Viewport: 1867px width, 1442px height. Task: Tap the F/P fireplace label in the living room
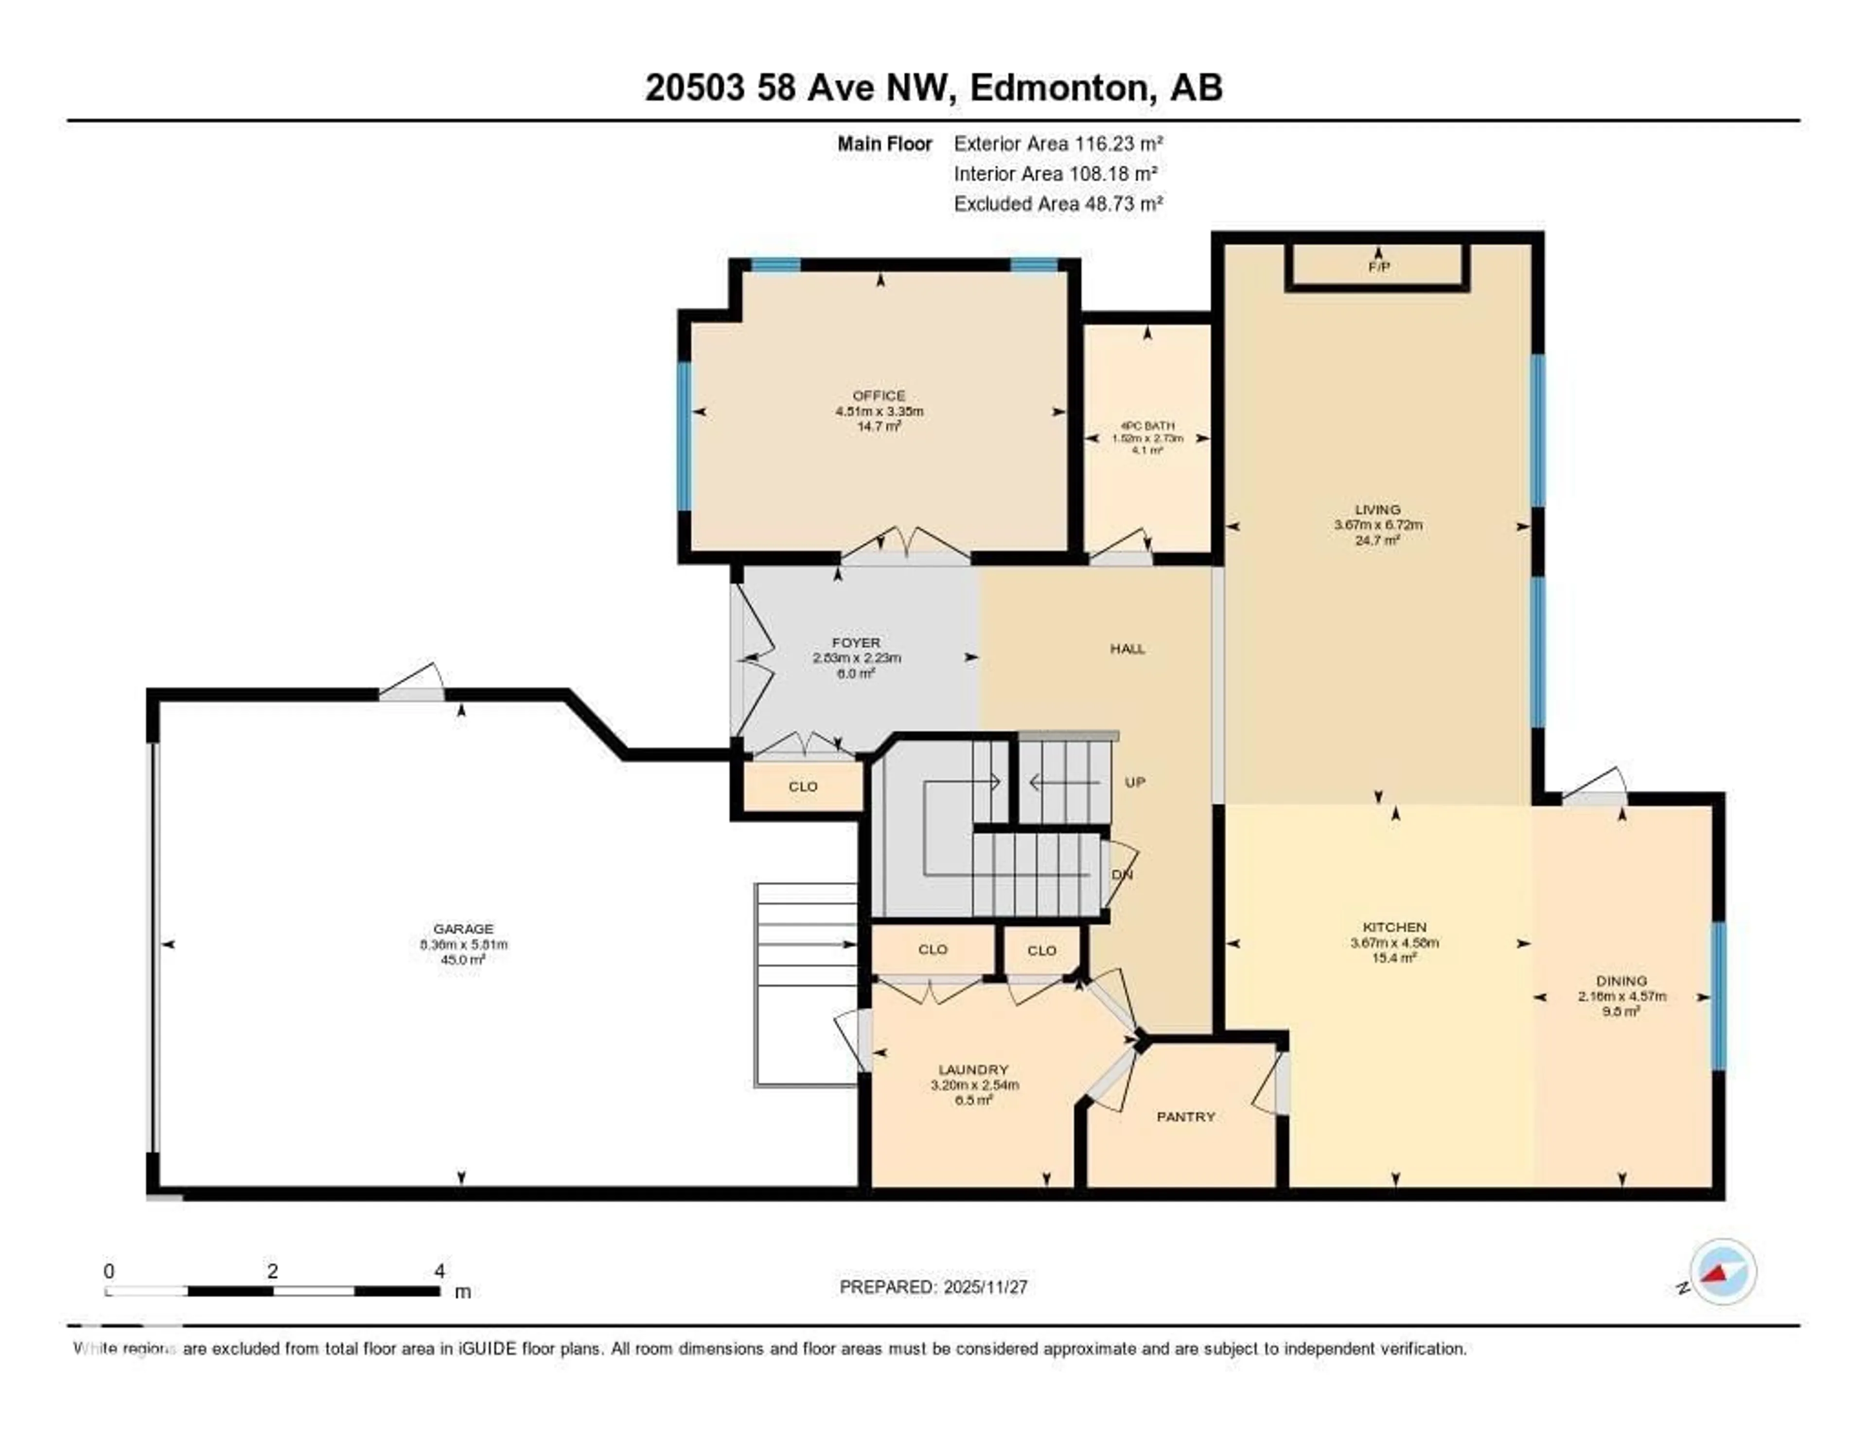click(x=1378, y=267)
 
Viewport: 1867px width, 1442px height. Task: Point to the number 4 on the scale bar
click(x=440, y=1271)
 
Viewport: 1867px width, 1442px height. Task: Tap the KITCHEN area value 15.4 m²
click(x=1394, y=958)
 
